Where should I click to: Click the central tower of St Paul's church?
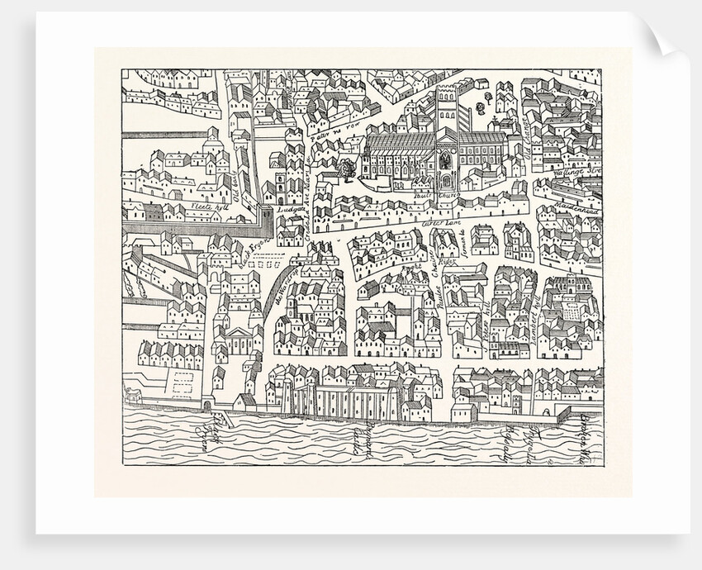click(446, 112)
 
